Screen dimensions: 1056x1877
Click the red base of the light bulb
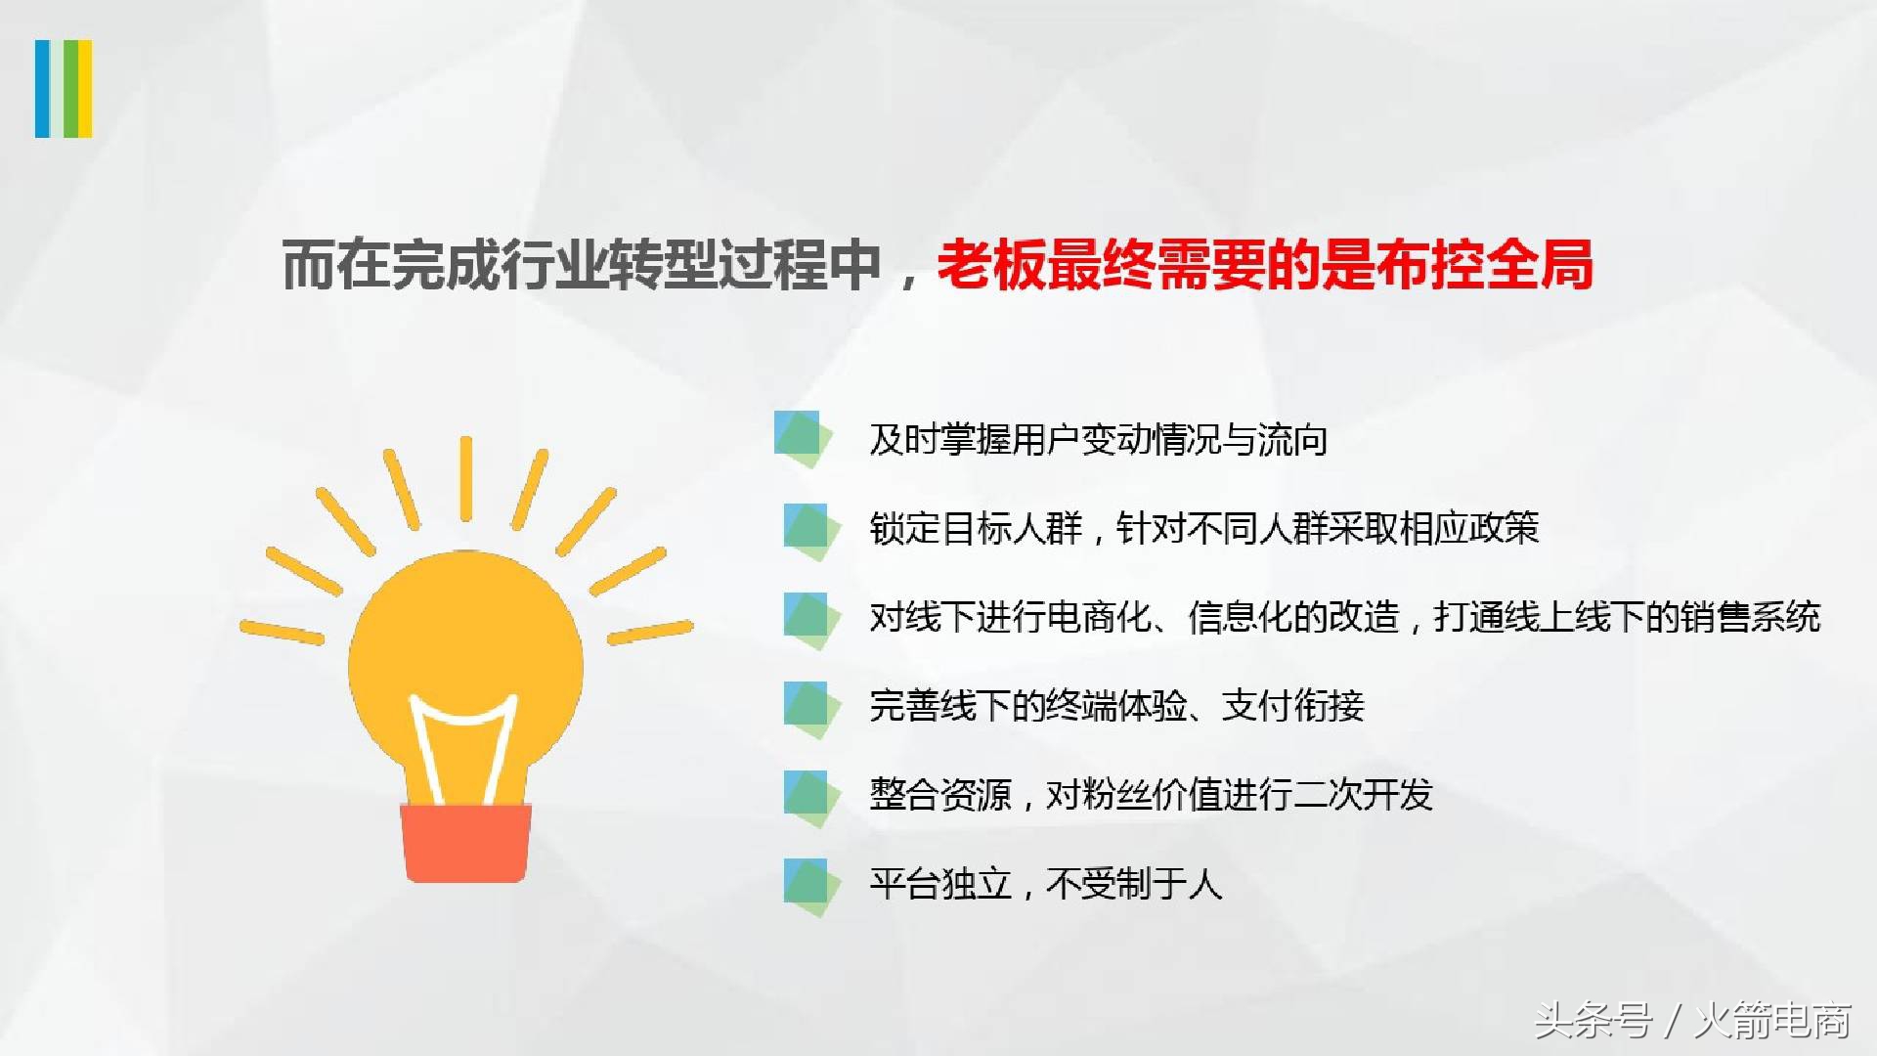pyautogui.click(x=466, y=843)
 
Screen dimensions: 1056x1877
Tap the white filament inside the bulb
pyautogui.click(x=465, y=743)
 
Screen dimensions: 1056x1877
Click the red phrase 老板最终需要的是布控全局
pyautogui.click(x=1265, y=265)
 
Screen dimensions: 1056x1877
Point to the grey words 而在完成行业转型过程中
pyautogui.click(x=582, y=265)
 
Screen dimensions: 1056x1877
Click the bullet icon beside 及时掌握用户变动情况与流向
pyautogui.click(x=803, y=438)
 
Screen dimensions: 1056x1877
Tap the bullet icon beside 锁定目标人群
pyautogui.click(x=810, y=529)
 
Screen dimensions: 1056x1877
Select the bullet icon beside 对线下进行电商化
pyautogui.click(x=810, y=618)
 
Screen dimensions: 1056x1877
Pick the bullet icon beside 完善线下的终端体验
pyautogui.click(x=810, y=707)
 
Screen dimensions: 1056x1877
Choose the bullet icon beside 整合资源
pyautogui.click(x=810, y=796)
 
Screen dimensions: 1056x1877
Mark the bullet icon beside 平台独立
pyautogui.click(x=810, y=885)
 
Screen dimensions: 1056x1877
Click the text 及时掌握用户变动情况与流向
pyautogui.click(x=1098, y=440)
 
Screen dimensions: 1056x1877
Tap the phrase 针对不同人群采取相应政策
pyautogui.click(x=1328, y=529)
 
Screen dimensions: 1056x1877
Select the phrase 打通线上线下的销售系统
pyautogui.click(x=1627, y=618)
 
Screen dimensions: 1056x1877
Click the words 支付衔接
pyautogui.click(x=1292, y=706)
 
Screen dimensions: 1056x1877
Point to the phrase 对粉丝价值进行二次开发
pyautogui.click(x=1239, y=795)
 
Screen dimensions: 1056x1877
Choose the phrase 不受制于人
pyautogui.click(x=1134, y=884)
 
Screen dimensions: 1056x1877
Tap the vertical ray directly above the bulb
pyautogui.click(x=466, y=478)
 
